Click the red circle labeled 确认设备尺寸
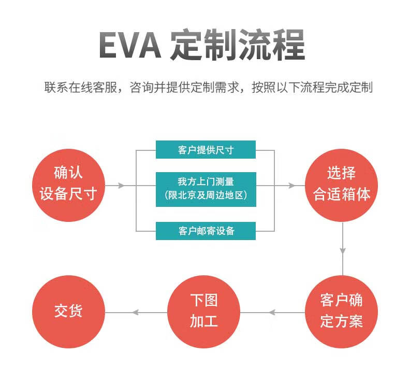68,184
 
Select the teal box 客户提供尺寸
206,150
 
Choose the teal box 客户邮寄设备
206,231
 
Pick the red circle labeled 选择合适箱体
342,184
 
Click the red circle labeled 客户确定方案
342,311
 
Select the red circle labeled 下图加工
204,311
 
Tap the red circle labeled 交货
68,311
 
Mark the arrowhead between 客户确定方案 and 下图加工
272,312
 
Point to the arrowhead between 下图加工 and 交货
136,312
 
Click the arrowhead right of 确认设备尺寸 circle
122,185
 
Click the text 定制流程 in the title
237,46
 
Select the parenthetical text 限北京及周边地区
206,195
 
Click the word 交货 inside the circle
68,311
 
